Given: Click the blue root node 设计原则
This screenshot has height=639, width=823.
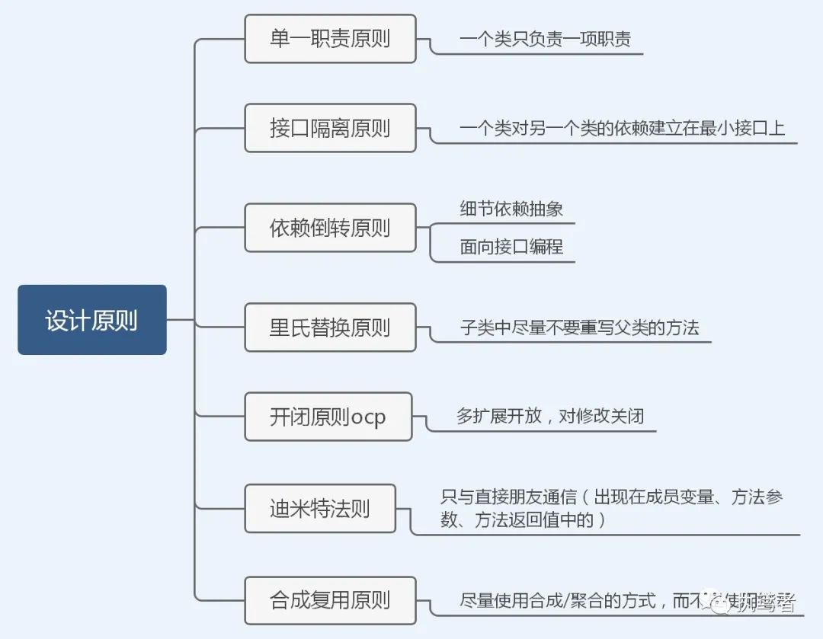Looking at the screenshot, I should (91, 320).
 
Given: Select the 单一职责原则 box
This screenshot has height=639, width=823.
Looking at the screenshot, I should (330, 39).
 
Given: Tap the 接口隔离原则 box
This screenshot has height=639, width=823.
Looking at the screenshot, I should (330, 128).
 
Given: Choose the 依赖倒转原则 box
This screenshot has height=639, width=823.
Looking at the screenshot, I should (330, 228).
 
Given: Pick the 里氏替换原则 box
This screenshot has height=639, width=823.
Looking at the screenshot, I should (330, 327).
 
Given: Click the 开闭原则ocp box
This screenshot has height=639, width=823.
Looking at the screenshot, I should (328, 417).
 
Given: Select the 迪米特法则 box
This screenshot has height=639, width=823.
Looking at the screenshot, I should (320, 509).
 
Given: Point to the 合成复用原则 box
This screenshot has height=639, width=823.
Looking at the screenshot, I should (330, 600).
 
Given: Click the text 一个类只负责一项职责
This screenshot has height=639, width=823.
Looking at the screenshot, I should (545, 39).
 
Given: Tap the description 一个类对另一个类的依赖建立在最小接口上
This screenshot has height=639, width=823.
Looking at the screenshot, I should (622, 128).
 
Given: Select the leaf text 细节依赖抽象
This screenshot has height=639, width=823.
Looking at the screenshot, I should (511, 208).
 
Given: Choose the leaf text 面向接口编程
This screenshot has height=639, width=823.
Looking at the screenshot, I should (511, 246).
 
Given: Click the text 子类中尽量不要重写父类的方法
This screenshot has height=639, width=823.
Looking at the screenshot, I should (579, 327).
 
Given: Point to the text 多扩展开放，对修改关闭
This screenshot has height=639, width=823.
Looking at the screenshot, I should (550, 416).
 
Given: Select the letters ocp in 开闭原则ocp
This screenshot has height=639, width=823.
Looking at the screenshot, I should (369, 417).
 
